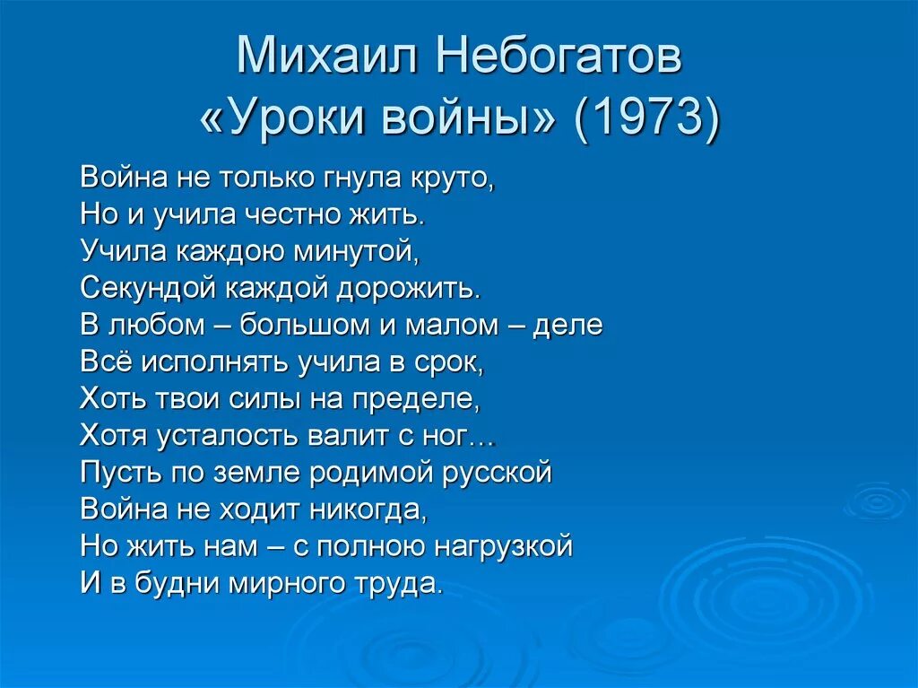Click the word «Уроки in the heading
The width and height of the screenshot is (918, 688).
click(286, 120)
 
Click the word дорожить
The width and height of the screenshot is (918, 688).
click(410, 288)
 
